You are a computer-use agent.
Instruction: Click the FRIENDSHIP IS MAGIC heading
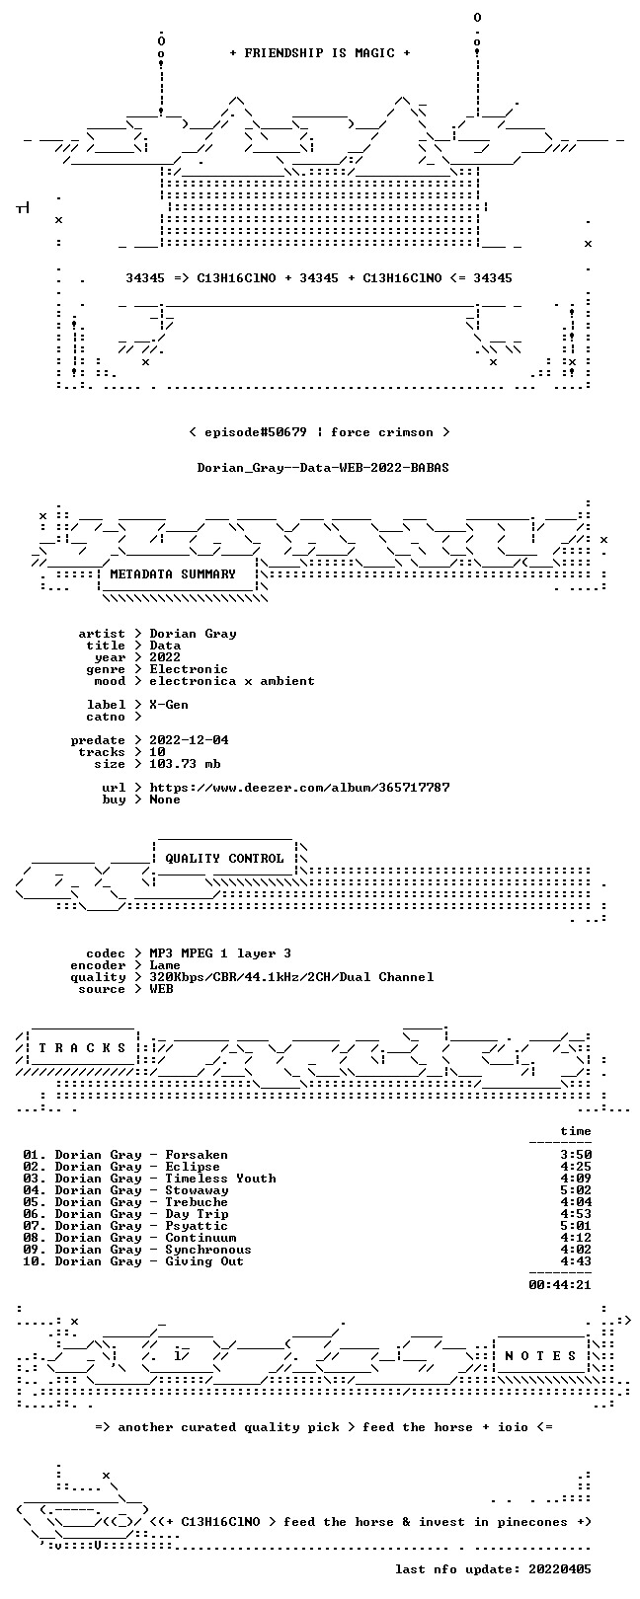320,53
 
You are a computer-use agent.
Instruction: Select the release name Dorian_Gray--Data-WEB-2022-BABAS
323,468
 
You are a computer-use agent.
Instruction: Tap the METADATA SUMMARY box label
173,573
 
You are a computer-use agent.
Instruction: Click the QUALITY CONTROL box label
224,858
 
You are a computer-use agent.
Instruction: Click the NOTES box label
540,1355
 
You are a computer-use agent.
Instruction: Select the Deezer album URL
300,788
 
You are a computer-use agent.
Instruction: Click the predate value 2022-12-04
190,740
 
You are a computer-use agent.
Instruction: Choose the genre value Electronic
189,669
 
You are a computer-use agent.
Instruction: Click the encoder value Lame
165,965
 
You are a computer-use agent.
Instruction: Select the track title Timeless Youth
220,1179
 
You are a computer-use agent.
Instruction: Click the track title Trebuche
197,1202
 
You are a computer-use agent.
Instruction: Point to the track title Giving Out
205,1261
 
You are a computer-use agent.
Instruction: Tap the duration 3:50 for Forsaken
577,1155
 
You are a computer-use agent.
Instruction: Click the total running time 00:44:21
560,1285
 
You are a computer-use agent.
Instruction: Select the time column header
576,1131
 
